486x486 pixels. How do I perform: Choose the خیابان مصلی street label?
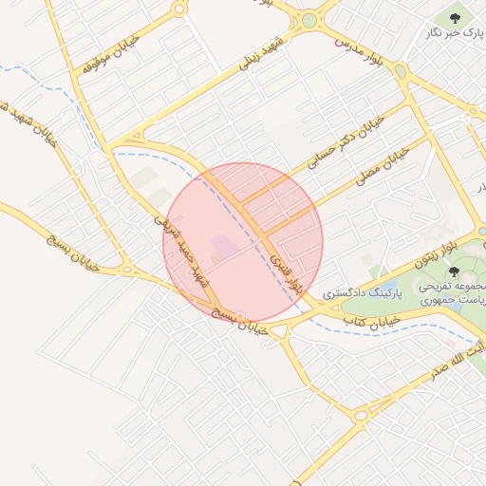(x=382, y=162)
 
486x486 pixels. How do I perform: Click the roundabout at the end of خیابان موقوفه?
(x=178, y=9)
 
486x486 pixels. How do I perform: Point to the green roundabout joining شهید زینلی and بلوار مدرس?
(x=308, y=20)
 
